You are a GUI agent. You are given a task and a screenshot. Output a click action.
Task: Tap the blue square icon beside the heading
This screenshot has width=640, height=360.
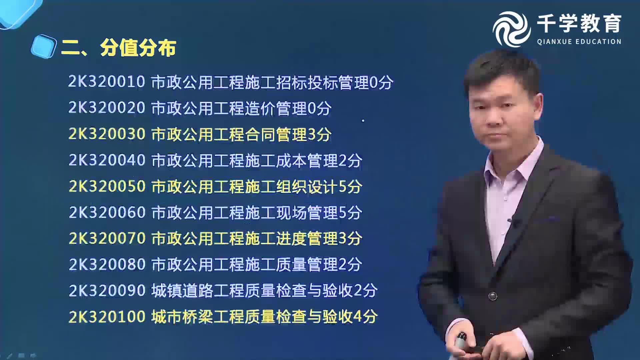coord(43,47)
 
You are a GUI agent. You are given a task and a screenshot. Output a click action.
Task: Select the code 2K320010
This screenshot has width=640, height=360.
coord(106,82)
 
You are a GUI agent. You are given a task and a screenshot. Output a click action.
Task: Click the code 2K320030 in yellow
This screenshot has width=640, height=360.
coord(107,134)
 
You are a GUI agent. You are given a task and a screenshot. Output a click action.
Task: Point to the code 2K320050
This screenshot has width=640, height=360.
coord(107,186)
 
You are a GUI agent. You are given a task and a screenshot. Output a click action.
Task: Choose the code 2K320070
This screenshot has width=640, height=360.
coord(107,238)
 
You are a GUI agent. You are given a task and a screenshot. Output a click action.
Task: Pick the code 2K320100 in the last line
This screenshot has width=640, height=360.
coord(107,317)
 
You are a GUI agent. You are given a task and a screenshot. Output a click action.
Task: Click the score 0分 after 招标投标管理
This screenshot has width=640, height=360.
coord(381,82)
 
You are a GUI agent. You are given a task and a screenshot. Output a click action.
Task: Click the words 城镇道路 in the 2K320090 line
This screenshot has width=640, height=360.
coord(182,291)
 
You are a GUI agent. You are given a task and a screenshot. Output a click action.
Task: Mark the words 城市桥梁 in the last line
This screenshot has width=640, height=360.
coord(182,317)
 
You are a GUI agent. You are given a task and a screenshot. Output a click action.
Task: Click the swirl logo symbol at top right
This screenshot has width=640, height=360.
coord(511,29)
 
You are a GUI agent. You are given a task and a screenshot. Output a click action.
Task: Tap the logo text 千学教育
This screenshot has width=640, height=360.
coord(579,24)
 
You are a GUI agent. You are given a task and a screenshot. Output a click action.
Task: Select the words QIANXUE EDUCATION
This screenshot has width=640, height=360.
coord(579,42)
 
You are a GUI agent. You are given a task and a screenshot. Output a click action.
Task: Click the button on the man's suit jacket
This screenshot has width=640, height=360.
coord(492,296)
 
